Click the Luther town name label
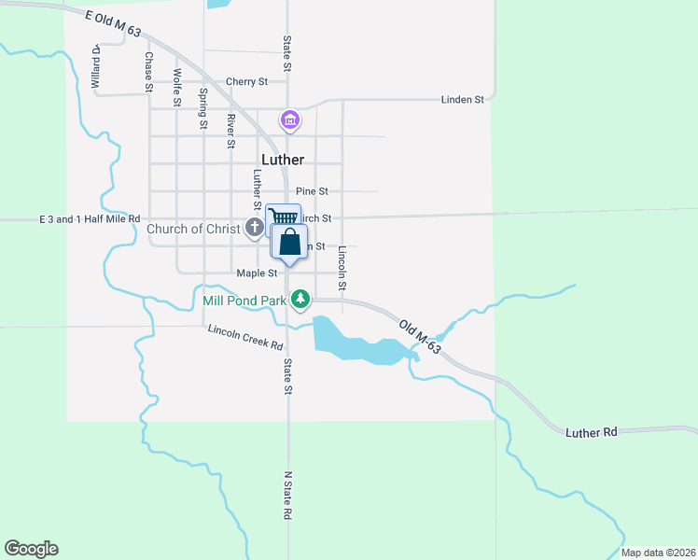tap(283, 160)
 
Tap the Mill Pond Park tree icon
tap(300, 300)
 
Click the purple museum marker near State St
tap(289, 119)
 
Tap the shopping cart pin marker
tap(279, 217)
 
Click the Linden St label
tap(463, 99)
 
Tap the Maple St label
tap(258, 273)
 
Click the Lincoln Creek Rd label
tap(245, 337)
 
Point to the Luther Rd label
tap(592, 432)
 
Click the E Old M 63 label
tap(112, 25)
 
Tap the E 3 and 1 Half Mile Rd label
tap(90, 219)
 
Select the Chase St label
tap(148, 71)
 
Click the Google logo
tap(31, 549)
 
